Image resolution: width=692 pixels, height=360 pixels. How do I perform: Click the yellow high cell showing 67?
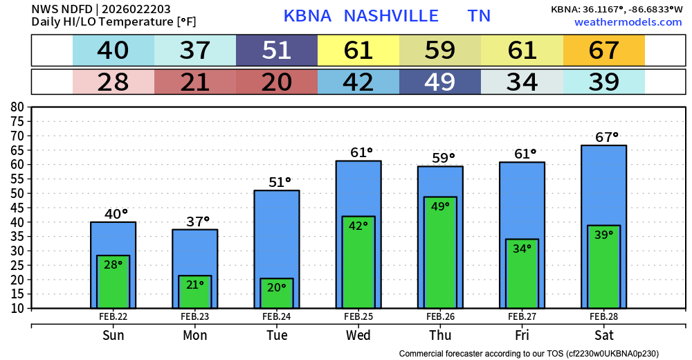[x=603, y=51]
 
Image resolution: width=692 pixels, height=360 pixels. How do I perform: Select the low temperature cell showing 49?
[x=440, y=82]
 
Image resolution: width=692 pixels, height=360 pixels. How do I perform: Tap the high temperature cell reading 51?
[x=277, y=51]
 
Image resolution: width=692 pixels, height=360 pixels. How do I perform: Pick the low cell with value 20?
[x=277, y=82]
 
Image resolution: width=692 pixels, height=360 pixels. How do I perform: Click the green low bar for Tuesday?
[x=277, y=294]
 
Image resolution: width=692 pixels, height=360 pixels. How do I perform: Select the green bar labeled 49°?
[x=440, y=253]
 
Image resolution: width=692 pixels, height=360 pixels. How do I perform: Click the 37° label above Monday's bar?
[x=198, y=222]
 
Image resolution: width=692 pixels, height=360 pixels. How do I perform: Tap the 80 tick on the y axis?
[x=17, y=107]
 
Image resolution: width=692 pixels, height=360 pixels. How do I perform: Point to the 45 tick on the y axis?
[x=17, y=208]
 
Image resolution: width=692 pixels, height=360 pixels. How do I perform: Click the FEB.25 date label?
[x=358, y=316]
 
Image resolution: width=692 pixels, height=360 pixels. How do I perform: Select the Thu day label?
[x=440, y=336]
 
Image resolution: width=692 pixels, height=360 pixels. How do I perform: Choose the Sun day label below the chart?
[x=113, y=336]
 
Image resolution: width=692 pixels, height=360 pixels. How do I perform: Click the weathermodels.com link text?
[x=628, y=22]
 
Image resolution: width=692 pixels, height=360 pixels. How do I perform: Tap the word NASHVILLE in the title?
[x=391, y=16]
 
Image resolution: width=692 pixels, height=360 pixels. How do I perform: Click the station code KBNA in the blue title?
[x=309, y=16]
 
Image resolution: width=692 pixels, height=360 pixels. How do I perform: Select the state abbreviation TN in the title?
[x=479, y=16]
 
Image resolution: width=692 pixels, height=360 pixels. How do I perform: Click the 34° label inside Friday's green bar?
[x=522, y=249]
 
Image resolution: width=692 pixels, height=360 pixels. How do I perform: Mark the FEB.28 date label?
[x=603, y=316]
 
